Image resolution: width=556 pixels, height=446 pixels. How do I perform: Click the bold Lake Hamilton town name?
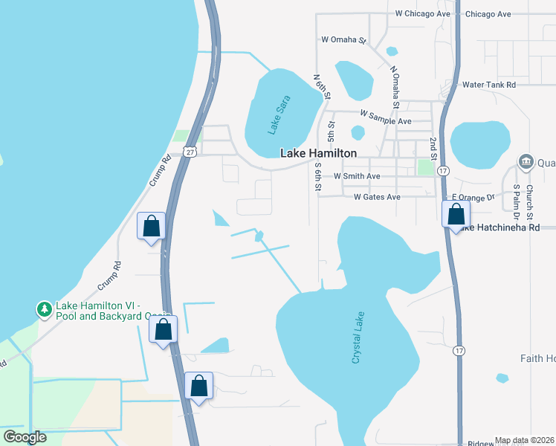coord(318,153)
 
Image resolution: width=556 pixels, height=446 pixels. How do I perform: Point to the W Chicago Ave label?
coord(423,13)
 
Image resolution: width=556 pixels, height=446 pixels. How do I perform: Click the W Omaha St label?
coord(344,39)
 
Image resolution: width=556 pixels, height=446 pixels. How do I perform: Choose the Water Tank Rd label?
coord(489,85)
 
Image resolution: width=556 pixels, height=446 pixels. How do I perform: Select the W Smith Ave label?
coord(357,176)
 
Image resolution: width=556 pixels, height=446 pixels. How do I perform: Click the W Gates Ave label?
coord(377,197)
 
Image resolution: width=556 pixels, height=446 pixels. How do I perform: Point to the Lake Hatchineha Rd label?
coord(500,227)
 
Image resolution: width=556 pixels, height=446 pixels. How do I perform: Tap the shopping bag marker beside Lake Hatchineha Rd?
coord(456,215)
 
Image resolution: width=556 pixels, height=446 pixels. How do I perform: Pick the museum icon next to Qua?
coord(526,161)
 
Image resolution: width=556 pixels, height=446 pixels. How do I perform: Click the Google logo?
coord(25,436)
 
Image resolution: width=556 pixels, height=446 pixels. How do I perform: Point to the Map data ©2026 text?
coord(525,440)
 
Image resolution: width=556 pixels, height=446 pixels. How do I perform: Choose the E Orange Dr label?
coord(473,198)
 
